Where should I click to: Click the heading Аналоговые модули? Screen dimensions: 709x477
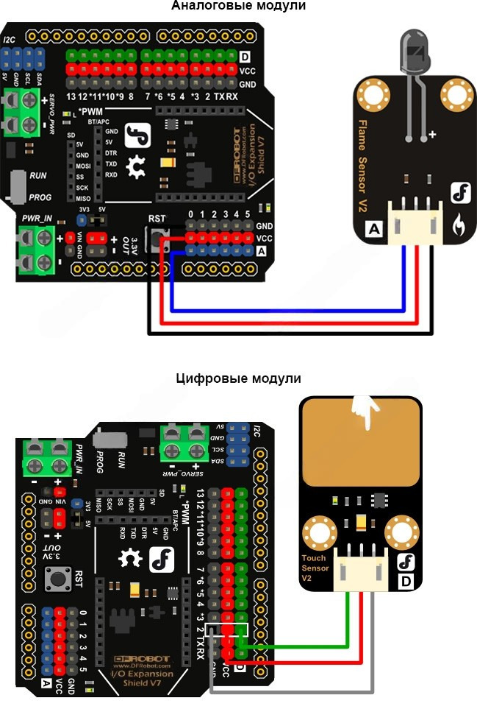pyautogui.click(x=238, y=7)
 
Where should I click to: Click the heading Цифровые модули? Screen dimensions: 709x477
pyautogui.click(x=239, y=379)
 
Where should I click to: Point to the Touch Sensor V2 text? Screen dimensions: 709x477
pyautogui.click(x=314, y=568)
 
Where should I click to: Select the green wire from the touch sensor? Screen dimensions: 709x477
pyautogui.click(x=309, y=646)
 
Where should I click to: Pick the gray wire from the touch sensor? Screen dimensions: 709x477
pyautogui.click(x=294, y=691)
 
